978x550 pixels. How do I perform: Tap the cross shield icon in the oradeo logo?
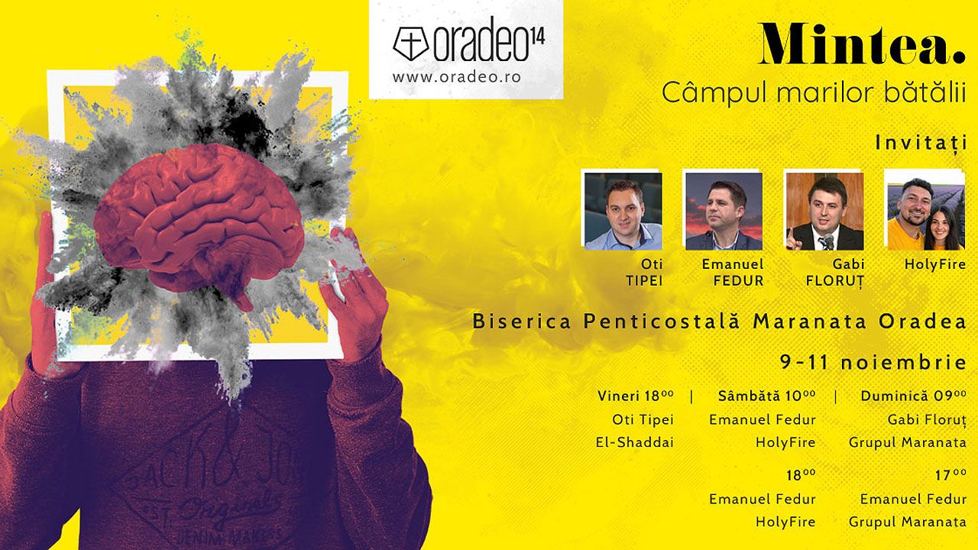tap(411, 44)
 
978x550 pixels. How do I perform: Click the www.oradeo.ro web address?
tap(457, 77)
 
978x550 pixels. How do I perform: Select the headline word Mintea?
tap(861, 44)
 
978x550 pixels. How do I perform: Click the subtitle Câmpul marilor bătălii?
tap(814, 93)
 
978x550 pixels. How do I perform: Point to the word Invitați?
tap(921, 143)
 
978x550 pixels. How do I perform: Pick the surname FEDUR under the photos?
tap(738, 280)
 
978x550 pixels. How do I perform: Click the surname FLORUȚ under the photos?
tap(835, 281)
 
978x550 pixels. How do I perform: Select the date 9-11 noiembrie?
tap(873, 362)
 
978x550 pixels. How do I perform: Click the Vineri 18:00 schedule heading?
tap(635, 396)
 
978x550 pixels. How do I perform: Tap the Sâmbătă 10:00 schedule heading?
tap(766, 396)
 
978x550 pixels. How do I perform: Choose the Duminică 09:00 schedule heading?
tap(913, 396)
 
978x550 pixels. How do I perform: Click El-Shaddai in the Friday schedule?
tap(635, 442)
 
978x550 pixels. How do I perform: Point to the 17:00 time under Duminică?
tap(950, 475)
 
